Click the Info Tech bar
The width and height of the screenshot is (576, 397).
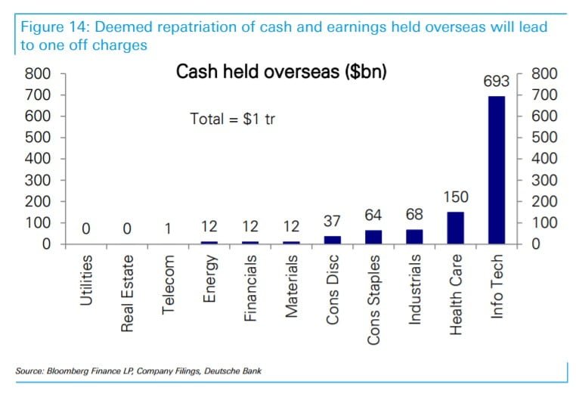tap(497, 170)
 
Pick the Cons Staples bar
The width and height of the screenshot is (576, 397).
tap(373, 237)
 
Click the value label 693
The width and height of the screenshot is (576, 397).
tap(497, 81)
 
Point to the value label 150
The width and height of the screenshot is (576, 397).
tap(456, 197)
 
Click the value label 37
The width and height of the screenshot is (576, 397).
tap(333, 221)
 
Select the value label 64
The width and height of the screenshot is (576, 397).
tap(373, 216)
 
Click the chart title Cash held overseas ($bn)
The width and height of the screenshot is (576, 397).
tap(281, 73)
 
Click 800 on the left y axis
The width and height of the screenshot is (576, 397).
tap(37, 74)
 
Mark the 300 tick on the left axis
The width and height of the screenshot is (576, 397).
tap(37, 181)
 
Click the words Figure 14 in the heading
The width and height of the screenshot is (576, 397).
tap(48, 27)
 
